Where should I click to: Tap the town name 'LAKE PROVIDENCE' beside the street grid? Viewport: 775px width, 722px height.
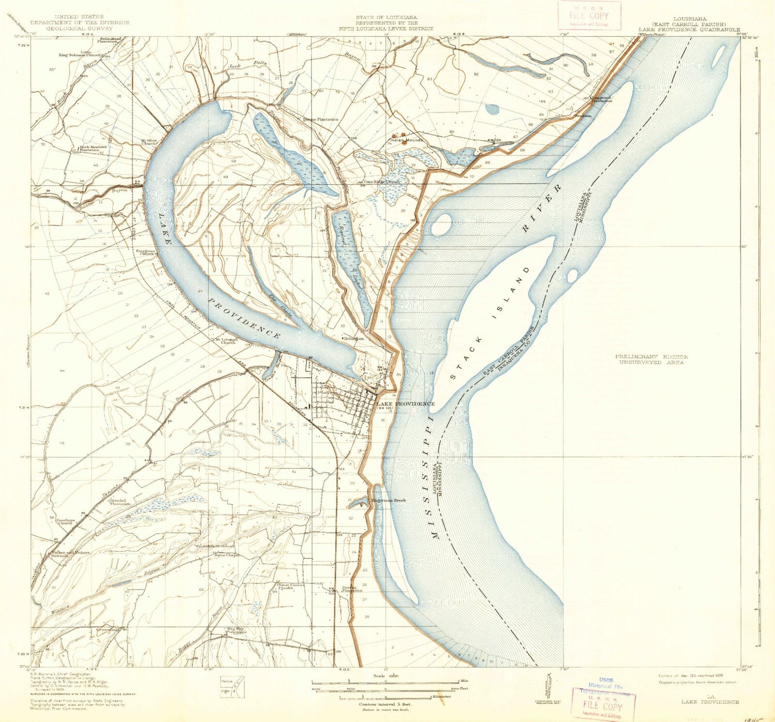pos(405,403)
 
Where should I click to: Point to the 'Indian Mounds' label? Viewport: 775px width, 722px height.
pos(407,140)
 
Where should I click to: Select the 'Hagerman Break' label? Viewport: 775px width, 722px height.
pos(388,500)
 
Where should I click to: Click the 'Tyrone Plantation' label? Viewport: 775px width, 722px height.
pos(320,119)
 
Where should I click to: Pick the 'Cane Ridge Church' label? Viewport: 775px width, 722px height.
pos(381,182)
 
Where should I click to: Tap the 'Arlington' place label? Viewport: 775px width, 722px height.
pos(354,339)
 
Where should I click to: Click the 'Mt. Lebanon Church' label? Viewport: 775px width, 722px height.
pos(226,341)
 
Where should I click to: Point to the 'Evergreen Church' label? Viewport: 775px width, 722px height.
pos(145,252)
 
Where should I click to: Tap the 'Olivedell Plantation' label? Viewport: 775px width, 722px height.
pos(119,502)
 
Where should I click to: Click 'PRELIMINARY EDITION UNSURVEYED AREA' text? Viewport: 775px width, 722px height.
pos(651,359)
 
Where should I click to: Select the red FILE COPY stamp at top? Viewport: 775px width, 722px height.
pos(589,16)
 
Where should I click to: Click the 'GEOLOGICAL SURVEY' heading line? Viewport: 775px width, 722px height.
pos(80,28)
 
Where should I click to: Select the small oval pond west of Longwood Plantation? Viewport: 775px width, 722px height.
pos(492,110)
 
